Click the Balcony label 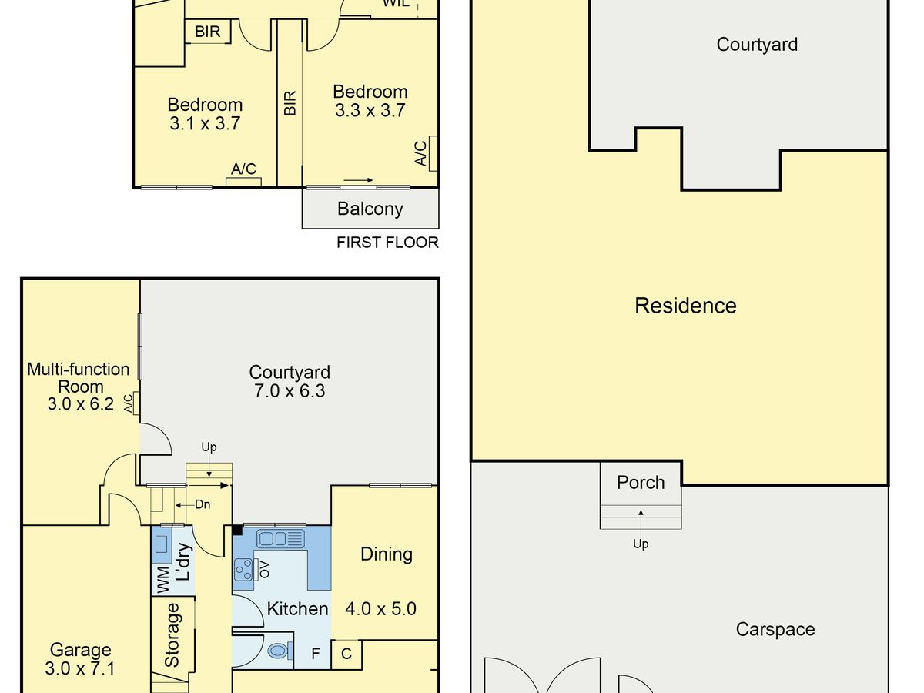pyautogui.click(x=370, y=209)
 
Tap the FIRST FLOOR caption pyautogui.click(x=387, y=243)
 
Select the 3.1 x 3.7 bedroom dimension pyautogui.click(x=205, y=123)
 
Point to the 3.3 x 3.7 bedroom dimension pyautogui.click(x=370, y=110)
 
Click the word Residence pyautogui.click(x=685, y=306)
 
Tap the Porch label pyautogui.click(x=641, y=482)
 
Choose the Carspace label pyautogui.click(x=775, y=629)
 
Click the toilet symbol pyautogui.click(x=281, y=651)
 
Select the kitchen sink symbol pyautogui.click(x=280, y=539)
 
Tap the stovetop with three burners pyautogui.click(x=243, y=569)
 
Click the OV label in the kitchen pyautogui.click(x=264, y=570)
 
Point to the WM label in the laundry pyautogui.click(x=163, y=579)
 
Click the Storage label pyautogui.click(x=172, y=635)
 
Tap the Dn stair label pyautogui.click(x=203, y=504)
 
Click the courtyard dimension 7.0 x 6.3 pyautogui.click(x=290, y=391)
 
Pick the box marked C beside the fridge pyautogui.click(x=346, y=654)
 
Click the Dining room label pyautogui.click(x=387, y=554)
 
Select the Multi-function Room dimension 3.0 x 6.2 pyautogui.click(x=80, y=404)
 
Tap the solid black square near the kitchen pyautogui.click(x=237, y=530)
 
